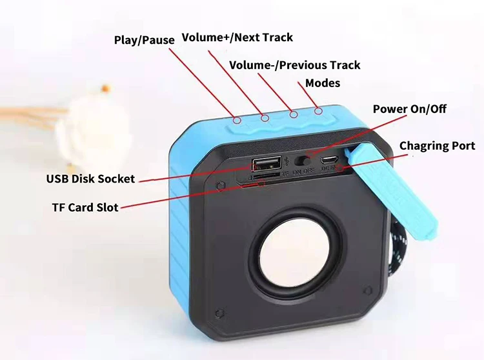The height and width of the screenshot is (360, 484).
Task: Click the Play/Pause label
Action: (144, 40)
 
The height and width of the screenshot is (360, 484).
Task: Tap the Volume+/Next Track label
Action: (237, 37)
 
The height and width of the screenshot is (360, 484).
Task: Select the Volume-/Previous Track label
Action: (295, 65)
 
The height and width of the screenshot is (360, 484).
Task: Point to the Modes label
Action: (323, 83)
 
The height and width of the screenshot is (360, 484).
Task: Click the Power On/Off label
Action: (410, 109)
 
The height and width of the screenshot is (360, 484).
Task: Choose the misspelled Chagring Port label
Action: (437, 146)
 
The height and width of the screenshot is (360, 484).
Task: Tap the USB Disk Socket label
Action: (90, 179)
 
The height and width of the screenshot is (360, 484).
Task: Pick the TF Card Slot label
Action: (85, 208)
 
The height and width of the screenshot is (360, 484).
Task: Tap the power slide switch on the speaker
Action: (301, 160)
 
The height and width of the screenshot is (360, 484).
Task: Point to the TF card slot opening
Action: (265, 175)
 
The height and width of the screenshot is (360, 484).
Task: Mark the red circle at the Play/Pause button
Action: (237, 119)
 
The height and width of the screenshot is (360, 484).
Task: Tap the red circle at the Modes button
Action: (318, 112)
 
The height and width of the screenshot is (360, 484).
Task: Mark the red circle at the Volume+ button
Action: (264, 117)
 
